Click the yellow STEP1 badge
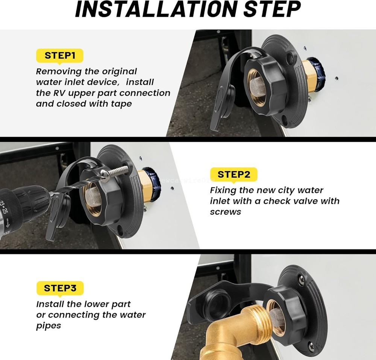[60, 56]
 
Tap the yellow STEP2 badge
[233, 175]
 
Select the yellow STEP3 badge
[60, 288]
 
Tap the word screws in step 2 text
[225, 212]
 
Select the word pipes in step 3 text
[49, 325]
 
